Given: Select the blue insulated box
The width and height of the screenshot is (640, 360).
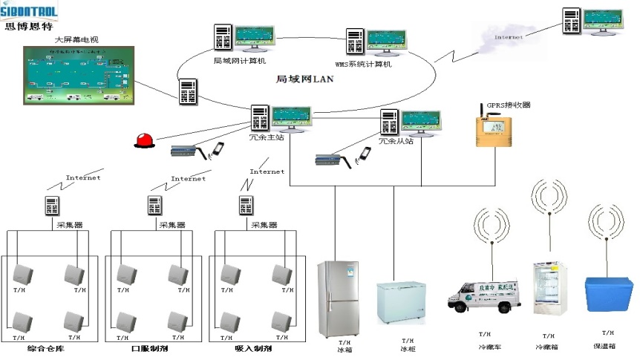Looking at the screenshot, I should pos(608,298).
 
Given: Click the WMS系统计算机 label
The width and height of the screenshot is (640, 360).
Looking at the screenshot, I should pos(363,65).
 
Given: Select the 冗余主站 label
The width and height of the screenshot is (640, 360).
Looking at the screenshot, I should pos(266,137).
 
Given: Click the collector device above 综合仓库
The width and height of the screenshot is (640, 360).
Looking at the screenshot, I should pos(51,206).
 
